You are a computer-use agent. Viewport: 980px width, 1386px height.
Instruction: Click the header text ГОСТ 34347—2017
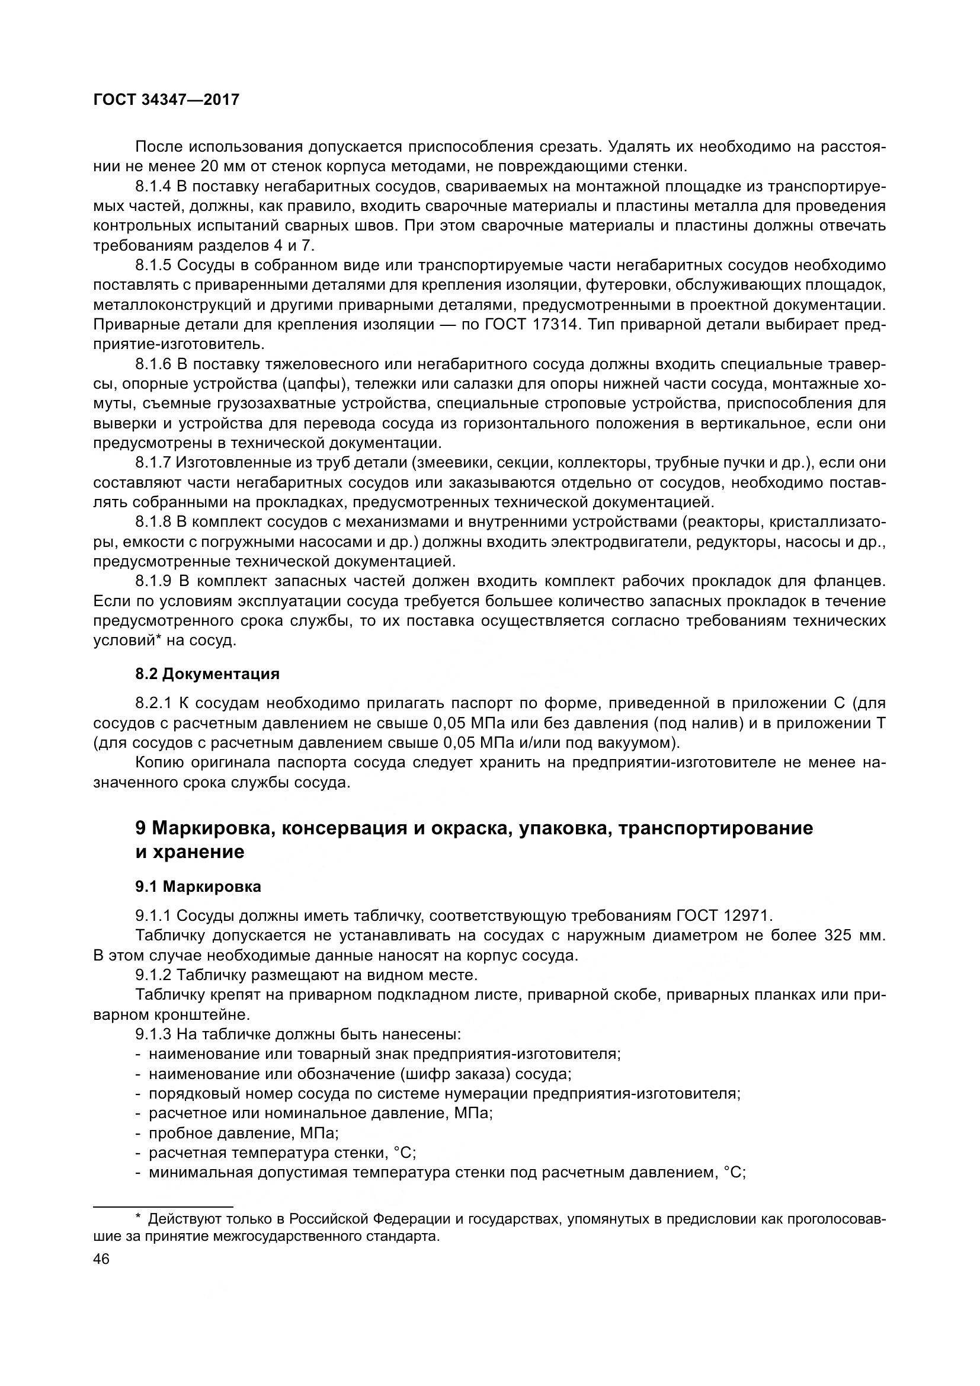click(x=166, y=100)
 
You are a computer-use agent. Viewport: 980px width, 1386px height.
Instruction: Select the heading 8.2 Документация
click(x=207, y=674)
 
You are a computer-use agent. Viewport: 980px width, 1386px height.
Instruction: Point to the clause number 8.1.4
click(x=153, y=187)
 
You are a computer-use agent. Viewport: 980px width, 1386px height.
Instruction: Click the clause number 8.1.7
click(x=153, y=463)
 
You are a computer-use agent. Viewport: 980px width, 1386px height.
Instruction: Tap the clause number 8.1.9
click(x=153, y=581)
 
